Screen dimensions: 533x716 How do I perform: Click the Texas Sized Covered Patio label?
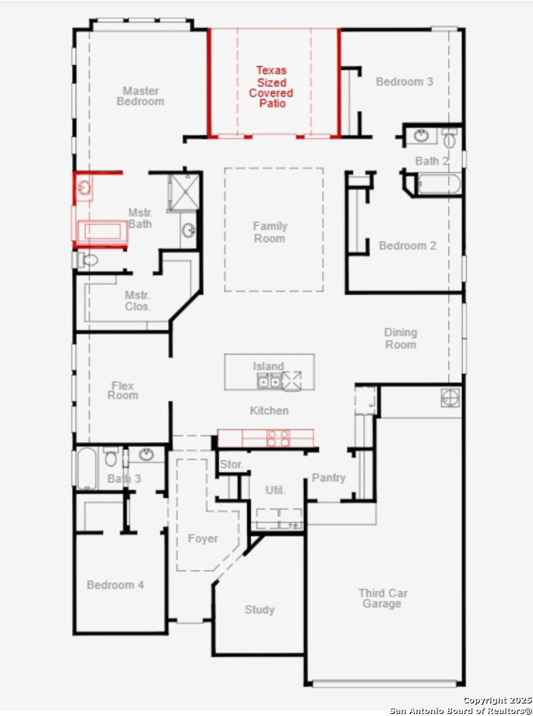click(271, 87)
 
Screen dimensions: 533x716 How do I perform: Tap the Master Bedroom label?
click(140, 96)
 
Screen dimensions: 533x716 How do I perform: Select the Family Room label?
click(269, 232)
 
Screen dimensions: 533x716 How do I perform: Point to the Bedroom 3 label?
click(404, 82)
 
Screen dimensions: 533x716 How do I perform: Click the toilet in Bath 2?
click(449, 137)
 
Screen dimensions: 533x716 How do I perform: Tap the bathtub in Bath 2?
click(439, 184)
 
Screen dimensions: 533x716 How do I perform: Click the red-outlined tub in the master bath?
click(102, 231)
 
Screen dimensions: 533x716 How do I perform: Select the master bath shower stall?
click(184, 192)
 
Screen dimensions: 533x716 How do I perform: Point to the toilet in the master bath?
click(88, 260)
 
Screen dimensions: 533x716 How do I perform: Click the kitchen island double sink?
click(269, 381)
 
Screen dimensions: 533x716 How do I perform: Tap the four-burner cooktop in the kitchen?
click(278, 438)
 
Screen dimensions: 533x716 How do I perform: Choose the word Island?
click(268, 366)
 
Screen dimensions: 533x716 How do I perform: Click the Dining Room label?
click(400, 338)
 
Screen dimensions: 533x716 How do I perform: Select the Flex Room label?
click(123, 390)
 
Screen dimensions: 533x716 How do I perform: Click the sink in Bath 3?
click(146, 454)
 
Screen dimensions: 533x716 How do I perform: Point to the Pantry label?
click(328, 477)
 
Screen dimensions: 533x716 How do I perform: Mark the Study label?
click(260, 610)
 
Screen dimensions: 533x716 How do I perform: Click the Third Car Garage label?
click(382, 598)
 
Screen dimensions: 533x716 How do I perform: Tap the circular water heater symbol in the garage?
click(450, 397)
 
